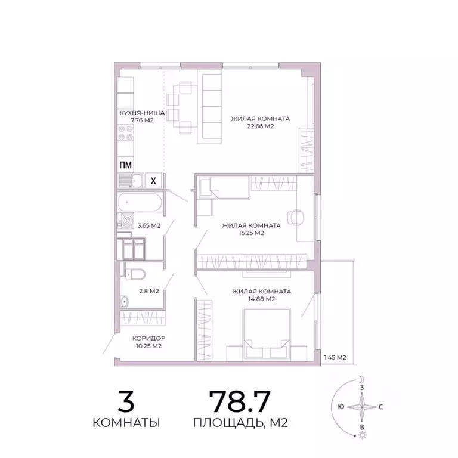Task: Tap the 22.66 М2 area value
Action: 261,126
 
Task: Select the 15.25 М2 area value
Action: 251,233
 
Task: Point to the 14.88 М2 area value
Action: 261,299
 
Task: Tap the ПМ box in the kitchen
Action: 125,165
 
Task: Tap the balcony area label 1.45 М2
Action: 335,357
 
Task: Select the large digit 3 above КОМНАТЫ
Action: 126,400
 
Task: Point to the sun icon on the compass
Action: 361,437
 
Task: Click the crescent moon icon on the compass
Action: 361,379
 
